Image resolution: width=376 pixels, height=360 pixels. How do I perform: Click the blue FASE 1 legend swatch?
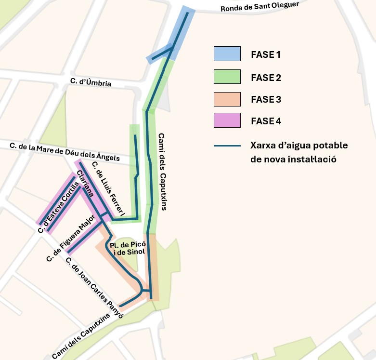227,54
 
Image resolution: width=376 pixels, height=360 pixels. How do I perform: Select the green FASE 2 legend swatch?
227,77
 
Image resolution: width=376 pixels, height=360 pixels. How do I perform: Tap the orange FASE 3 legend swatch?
227,100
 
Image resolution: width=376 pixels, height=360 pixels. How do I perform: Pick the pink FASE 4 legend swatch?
227,120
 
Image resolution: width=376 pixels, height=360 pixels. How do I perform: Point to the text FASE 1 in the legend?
265,55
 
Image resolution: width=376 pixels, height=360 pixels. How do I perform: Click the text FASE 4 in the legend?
266,121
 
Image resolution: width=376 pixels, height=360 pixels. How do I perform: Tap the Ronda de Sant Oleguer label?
259,6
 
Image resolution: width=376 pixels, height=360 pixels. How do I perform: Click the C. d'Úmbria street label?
91,82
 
